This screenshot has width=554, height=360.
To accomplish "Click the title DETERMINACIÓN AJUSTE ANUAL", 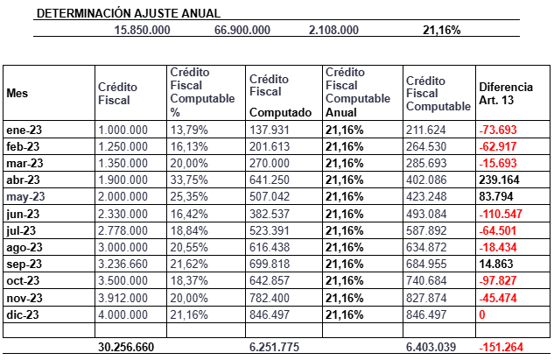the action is pos(129,13).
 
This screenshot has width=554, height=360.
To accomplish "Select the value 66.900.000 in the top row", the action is pos(242,30).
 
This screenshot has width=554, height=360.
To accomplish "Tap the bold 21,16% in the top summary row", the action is pos(442,30).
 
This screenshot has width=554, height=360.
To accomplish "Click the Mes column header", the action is pos(17,93).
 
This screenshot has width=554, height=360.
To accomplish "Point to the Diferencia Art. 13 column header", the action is pos(506,94).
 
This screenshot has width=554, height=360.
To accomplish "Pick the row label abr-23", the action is pos(23,180).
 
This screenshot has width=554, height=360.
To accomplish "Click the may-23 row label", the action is pos(25,196).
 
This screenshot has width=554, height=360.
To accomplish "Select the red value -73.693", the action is pos(498,130).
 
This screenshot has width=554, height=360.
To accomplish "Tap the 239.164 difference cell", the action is pos(499,180).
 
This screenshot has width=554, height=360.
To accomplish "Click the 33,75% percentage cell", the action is pos(189,180).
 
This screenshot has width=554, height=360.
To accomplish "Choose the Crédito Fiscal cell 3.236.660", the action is pos(123,264).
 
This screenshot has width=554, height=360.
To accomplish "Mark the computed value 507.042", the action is pos(270,196).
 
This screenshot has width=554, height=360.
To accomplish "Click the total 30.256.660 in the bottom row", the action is pos(126,347).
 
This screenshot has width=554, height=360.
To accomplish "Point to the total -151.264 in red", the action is pos(501,347).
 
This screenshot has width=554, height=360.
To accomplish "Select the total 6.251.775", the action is pos(274,347).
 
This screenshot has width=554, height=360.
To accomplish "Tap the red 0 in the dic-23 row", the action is pos(482,314).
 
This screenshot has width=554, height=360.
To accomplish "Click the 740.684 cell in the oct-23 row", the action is pos(426,280).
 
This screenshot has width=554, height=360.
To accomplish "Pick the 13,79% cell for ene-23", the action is pos(189,130).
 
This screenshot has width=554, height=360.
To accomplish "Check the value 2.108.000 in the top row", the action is pos(333,30).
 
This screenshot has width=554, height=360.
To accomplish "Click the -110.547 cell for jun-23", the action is pos(501,214).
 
